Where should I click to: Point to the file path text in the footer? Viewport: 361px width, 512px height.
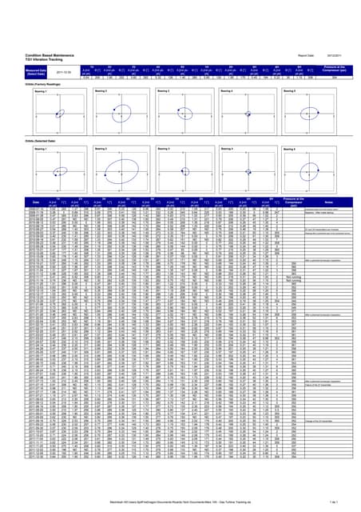(x=179, y=501)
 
